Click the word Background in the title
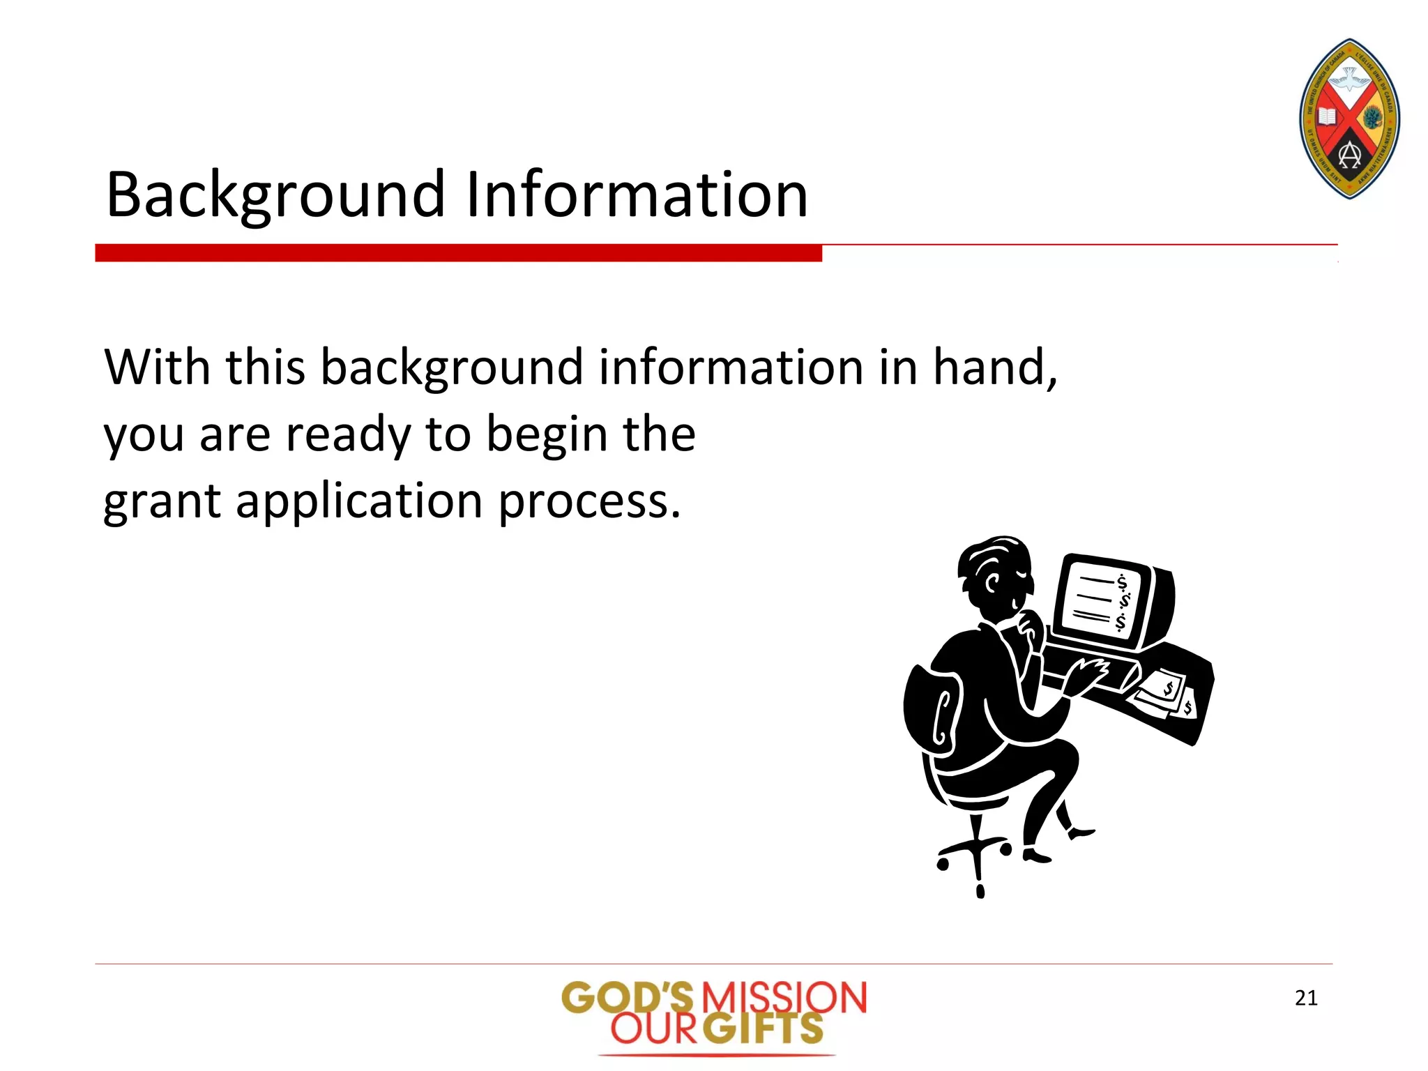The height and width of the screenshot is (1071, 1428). (x=275, y=195)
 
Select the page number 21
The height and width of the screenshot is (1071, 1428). (x=1306, y=998)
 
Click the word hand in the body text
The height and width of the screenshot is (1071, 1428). (x=993, y=367)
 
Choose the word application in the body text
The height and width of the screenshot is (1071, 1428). (x=359, y=502)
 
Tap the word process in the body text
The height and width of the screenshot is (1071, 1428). (x=588, y=502)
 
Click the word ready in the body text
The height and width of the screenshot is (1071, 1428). (x=349, y=435)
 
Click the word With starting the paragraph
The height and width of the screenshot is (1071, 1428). (x=158, y=367)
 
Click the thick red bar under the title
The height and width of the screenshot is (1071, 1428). (x=458, y=253)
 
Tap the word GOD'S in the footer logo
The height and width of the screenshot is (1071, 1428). (x=628, y=998)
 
